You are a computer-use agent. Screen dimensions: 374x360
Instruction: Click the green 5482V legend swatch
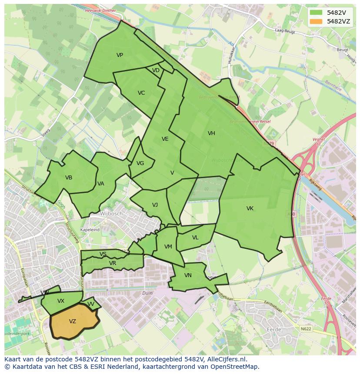coord(316,13)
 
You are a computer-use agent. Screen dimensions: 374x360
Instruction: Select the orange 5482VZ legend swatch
coord(316,21)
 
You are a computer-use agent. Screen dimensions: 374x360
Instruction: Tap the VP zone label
coord(120,55)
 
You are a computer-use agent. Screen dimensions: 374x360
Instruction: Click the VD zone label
coord(156,70)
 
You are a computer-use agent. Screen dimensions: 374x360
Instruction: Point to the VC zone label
coord(141,93)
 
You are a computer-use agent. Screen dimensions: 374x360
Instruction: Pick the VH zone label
coord(211,133)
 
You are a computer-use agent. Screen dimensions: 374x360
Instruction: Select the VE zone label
coord(165,139)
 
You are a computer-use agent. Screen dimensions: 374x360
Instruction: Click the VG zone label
coord(140,163)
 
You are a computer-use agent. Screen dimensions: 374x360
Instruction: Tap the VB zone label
coord(69,178)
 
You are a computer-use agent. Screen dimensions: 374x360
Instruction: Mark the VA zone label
coord(101,184)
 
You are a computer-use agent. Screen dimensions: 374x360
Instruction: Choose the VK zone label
coord(250,209)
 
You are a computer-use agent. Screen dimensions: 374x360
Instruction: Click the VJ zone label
coord(155,205)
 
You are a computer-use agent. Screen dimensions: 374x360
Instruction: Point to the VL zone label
coord(195,238)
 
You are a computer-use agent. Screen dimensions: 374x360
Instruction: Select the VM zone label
coord(168,247)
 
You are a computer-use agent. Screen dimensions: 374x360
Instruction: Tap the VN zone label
coord(188,275)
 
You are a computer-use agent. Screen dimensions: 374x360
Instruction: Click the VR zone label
coord(113,263)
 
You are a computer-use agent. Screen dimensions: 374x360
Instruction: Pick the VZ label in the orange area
coord(73,321)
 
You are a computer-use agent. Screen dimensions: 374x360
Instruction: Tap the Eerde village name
coord(273,330)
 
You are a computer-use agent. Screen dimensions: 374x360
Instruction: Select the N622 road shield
coord(306,329)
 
